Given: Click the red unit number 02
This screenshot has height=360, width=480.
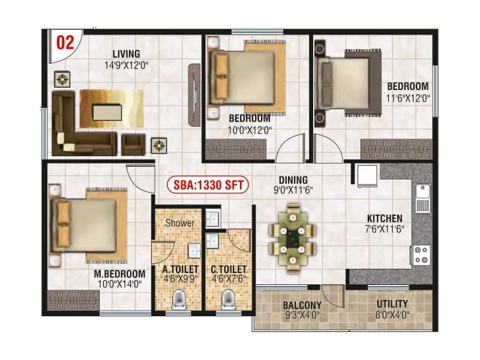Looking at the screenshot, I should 65,43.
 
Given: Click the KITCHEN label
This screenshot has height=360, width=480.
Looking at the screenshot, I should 385,218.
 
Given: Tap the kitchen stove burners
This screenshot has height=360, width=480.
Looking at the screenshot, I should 421,254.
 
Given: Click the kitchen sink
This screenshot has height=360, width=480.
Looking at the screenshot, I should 422,199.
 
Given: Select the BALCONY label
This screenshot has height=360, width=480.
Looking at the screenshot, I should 302,304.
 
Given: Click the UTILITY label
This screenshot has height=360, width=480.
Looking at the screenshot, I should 392,304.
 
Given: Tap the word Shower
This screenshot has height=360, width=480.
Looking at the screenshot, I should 179,223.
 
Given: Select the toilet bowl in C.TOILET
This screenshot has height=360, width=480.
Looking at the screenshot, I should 227,300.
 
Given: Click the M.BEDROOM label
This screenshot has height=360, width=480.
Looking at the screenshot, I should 120,274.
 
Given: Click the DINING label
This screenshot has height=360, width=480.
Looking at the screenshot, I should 293,179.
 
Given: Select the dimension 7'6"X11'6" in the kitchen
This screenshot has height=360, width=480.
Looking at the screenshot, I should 385,229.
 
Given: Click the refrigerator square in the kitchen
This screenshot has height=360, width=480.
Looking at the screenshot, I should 367,176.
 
